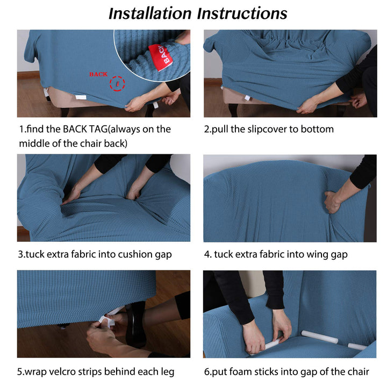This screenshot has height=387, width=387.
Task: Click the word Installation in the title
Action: click(x=150, y=13)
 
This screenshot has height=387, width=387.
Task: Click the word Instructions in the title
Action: click(x=242, y=13)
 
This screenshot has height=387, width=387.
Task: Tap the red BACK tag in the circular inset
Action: click(x=159, y=57)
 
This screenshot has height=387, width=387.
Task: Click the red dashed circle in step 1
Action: click(x=117, y=83)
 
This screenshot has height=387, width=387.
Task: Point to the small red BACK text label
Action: click(x=98, y=74)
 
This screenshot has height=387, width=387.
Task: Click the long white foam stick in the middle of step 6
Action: click(x=320, y=336)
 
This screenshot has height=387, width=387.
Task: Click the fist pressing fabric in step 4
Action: click(x=333, y=201)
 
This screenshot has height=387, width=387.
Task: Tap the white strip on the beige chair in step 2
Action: click(x=247, y=98)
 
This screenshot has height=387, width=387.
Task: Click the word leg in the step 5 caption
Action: click(x=168, y=372)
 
